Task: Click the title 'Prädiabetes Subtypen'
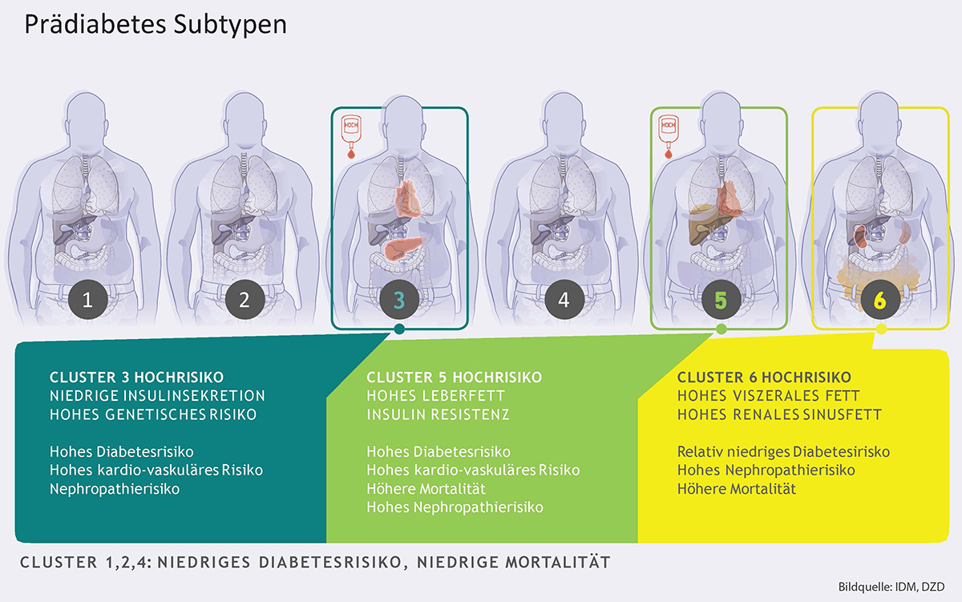156,25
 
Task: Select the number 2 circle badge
245,301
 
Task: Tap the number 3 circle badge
398,301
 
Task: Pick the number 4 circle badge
564,301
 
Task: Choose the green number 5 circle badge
720,301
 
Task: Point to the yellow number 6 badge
879,301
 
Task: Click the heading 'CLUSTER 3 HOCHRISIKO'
137,377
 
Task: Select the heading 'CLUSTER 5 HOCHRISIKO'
454,377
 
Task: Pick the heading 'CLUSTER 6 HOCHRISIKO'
764,377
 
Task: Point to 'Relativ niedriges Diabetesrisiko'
783,452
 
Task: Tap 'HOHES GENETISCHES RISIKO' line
152,414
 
